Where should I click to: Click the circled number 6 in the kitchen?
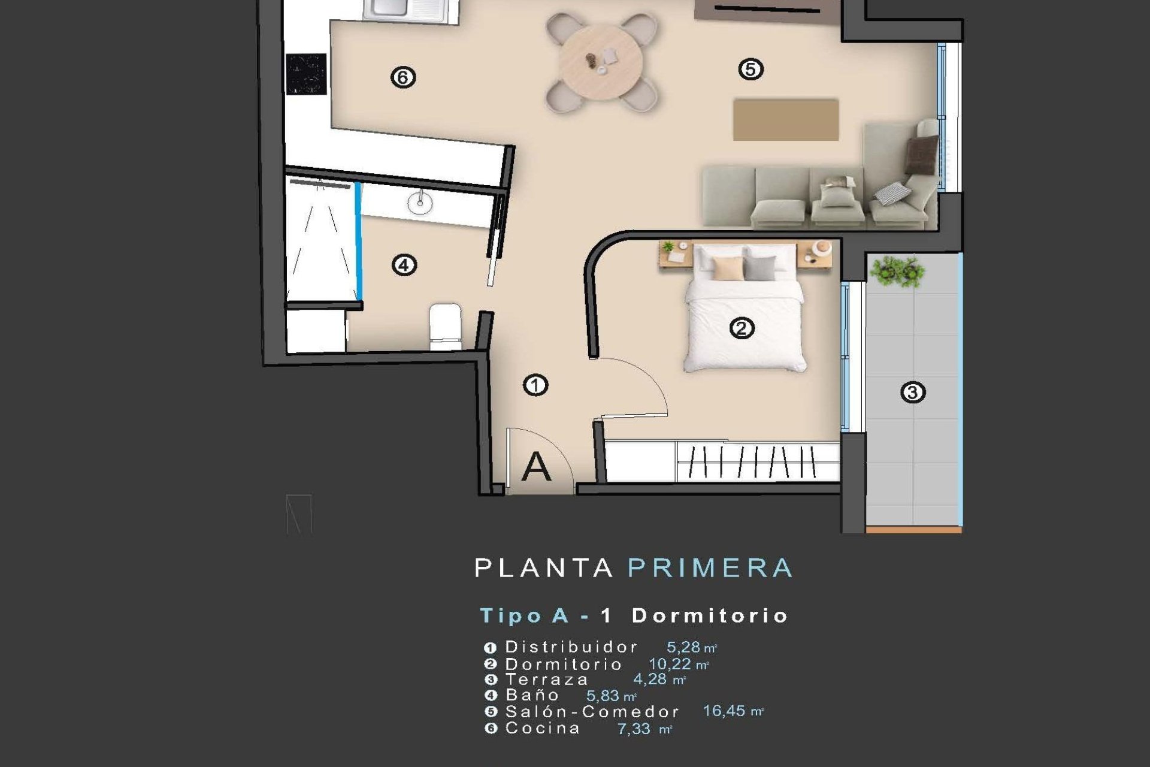[403, 77]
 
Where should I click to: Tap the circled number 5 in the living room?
[750, 69]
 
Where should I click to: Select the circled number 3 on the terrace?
[913, 392]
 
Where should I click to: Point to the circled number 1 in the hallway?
[535, 385]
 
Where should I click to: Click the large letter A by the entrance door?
[536, 466]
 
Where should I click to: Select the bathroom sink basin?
[420, 203]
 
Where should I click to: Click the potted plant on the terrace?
[897, 271]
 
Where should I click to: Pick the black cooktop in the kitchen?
[306, 74]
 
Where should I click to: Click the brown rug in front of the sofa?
[785, 120]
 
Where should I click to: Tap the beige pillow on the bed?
[728, 268]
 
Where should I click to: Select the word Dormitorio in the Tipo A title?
[710, 615]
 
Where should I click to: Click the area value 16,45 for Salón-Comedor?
[724, 711]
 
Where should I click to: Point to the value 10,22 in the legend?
[670, 664]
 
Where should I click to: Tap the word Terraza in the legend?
[547, 680]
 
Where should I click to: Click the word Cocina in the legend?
[543, 728]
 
